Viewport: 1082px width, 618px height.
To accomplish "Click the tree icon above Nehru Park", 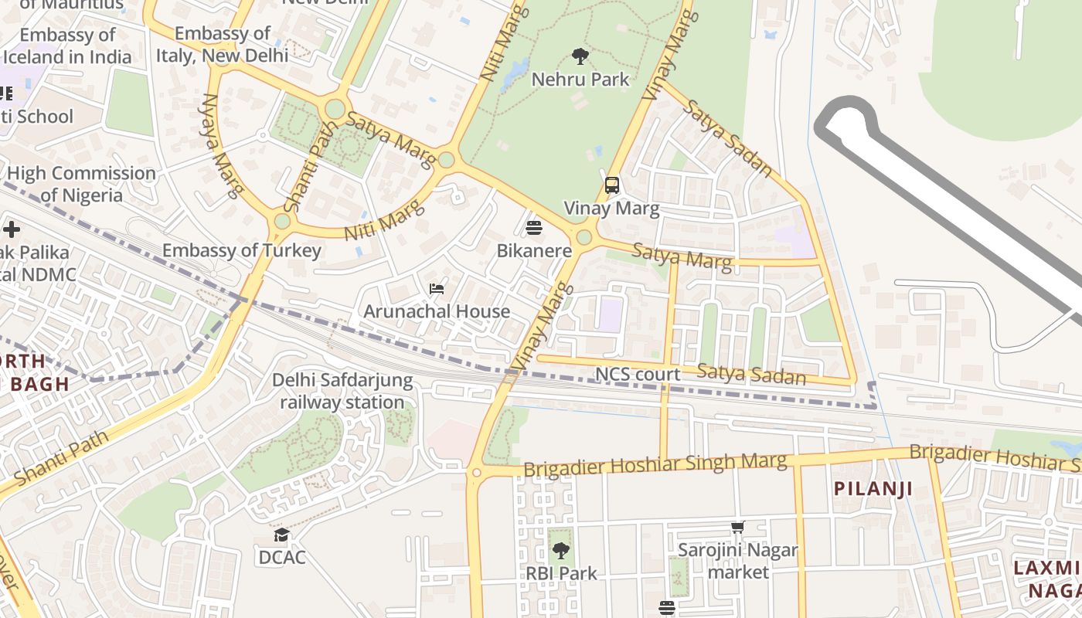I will [x=580, y=56].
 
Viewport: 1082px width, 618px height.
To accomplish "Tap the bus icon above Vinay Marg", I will [x=611, y=185].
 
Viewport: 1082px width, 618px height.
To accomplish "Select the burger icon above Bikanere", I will [x=534, y=228].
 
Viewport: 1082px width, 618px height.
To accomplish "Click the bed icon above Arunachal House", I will [x=437, y=289].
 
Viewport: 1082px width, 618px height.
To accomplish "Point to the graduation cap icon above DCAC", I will [x=282, y=535].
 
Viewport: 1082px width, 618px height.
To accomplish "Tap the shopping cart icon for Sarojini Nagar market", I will [x=737, y=528].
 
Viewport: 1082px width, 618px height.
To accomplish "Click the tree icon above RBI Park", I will [x=561, y=551].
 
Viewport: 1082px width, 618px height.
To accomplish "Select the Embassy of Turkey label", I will [x=241, y=250].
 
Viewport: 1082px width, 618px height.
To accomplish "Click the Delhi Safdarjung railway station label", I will [x=342, y=392].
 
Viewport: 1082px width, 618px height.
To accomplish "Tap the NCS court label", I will [x=638, y=375].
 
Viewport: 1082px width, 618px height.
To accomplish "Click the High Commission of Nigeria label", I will [x=81, y=184].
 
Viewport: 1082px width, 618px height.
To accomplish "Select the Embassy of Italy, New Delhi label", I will [x=222, y=45].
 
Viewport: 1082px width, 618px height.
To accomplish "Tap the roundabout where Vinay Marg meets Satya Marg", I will [x=584, y=236].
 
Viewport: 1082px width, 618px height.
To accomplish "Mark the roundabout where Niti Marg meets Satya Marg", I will [x=446, y=160].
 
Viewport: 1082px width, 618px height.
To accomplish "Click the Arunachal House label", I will [x=437, y=311].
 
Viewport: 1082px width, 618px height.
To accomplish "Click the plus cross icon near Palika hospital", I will [x=12, y=229].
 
